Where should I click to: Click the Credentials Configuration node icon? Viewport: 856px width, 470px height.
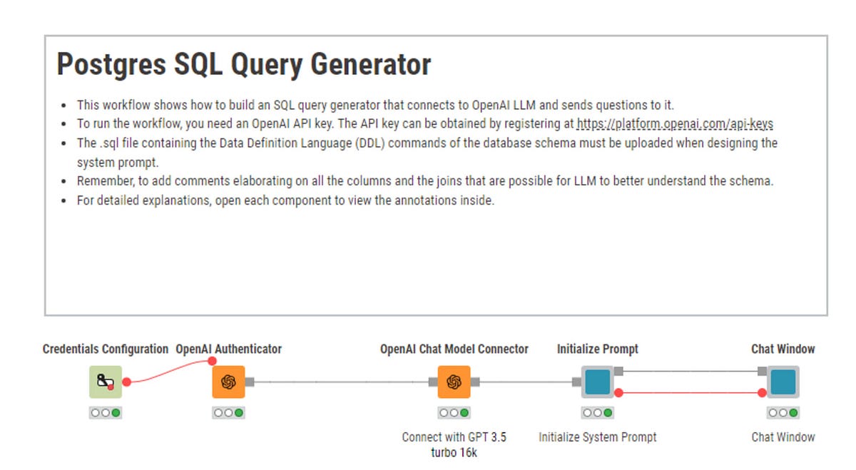(106, 382)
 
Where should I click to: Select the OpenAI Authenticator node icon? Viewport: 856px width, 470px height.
(228, 382)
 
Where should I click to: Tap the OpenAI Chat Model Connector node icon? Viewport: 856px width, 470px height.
(454, 382)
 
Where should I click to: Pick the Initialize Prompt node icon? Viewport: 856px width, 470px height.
(597, 382)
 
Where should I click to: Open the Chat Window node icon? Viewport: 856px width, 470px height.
(783, 382)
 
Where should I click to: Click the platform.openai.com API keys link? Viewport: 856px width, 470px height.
(675, 124)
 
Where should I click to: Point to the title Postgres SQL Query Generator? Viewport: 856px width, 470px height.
(244, 65)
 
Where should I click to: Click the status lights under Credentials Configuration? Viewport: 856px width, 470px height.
(106, 412)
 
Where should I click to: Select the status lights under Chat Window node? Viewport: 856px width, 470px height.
(783, 412)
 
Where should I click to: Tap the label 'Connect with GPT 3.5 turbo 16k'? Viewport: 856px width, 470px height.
(454, 444)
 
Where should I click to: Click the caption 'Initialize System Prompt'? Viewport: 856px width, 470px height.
(597, 437)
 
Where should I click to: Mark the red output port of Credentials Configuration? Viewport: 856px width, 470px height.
(126, 382)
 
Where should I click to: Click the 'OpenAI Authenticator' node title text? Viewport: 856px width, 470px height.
(228, 349)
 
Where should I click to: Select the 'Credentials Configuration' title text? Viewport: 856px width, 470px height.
(106, 349)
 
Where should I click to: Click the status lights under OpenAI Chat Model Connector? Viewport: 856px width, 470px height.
(454, 412)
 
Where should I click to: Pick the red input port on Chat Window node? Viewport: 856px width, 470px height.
(762, 392)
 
